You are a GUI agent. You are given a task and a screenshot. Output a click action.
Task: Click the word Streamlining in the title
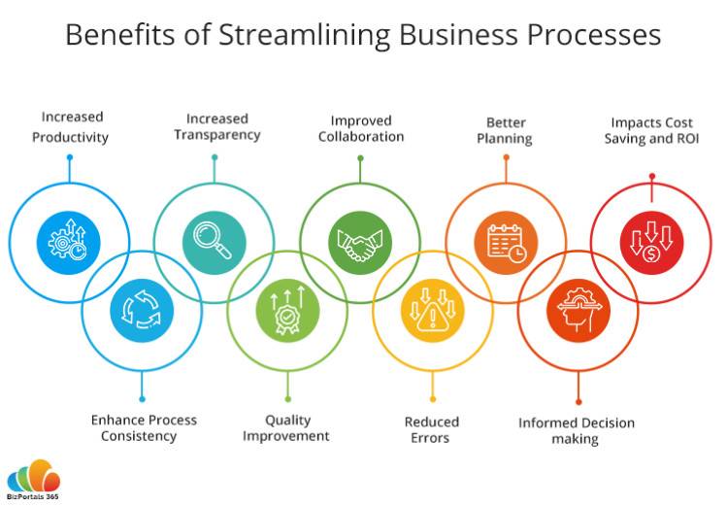click(305, 35)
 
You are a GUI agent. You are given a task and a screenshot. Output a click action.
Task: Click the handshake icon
click(360, 244)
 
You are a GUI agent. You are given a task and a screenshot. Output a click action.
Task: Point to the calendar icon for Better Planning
click(507, 243)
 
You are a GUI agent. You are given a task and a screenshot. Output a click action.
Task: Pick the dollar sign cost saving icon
click(651, 241)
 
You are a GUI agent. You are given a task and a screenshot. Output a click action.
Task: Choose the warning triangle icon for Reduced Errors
click(433, 310)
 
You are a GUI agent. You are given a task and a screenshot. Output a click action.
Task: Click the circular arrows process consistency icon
click(142, 310)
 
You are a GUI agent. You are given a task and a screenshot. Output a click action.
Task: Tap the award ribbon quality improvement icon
click(287, 310)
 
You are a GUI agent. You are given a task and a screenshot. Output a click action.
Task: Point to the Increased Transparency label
click(217, 126)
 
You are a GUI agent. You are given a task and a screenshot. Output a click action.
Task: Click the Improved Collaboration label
click(361, 128)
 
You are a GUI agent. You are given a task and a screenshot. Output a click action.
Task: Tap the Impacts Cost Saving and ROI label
click(651, 130)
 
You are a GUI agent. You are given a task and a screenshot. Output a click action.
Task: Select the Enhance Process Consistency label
click(144, 427)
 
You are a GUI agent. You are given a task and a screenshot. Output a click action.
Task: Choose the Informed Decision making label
click(577, 430)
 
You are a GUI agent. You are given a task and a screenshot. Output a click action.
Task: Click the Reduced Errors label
click(432, 429)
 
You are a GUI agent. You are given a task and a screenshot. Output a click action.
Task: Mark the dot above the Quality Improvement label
click(288, 399)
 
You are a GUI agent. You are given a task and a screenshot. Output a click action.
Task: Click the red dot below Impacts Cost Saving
click(652, 176)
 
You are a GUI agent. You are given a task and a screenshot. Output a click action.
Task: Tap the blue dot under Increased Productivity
click(70, 157)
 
